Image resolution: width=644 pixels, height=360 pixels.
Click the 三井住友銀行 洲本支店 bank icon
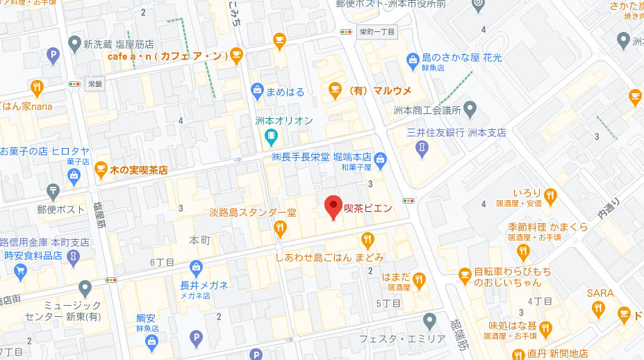point(422,147)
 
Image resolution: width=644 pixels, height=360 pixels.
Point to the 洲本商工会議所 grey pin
point(470,109)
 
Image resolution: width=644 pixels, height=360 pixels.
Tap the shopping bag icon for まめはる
point(258,90)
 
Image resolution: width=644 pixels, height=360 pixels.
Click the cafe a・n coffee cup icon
point(237,55)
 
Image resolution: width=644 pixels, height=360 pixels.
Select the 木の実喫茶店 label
point(138,169)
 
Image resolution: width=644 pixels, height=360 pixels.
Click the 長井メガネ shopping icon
point(197,267)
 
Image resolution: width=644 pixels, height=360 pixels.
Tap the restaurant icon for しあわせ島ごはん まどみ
point(368,240)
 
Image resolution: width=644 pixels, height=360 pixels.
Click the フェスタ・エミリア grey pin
point(429,321)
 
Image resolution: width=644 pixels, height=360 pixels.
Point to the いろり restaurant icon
point(551,195)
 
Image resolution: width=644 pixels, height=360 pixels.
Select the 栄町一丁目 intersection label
point(377,32)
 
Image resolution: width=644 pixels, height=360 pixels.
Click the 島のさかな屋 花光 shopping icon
point(413,60)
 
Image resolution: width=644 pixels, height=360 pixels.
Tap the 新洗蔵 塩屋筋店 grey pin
point(74,44)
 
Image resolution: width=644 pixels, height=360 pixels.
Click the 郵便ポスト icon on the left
point(53,190)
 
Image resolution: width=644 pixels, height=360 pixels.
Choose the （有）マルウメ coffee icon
point(335,90)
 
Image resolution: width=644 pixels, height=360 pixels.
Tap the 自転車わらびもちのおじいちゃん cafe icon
point(465,276)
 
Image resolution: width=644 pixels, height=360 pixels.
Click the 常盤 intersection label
point(94,83)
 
